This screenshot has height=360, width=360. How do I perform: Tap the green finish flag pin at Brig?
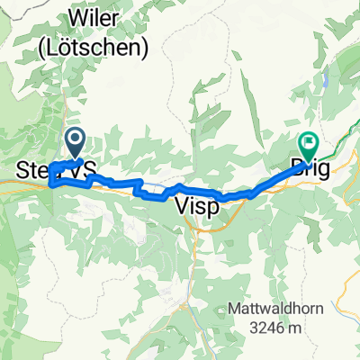(x=309, y=144)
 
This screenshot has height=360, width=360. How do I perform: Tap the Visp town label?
(x=193, y=205)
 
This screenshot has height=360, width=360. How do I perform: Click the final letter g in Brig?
(x=325, y=166)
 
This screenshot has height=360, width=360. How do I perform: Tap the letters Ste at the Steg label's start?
(x=32, y=168)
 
